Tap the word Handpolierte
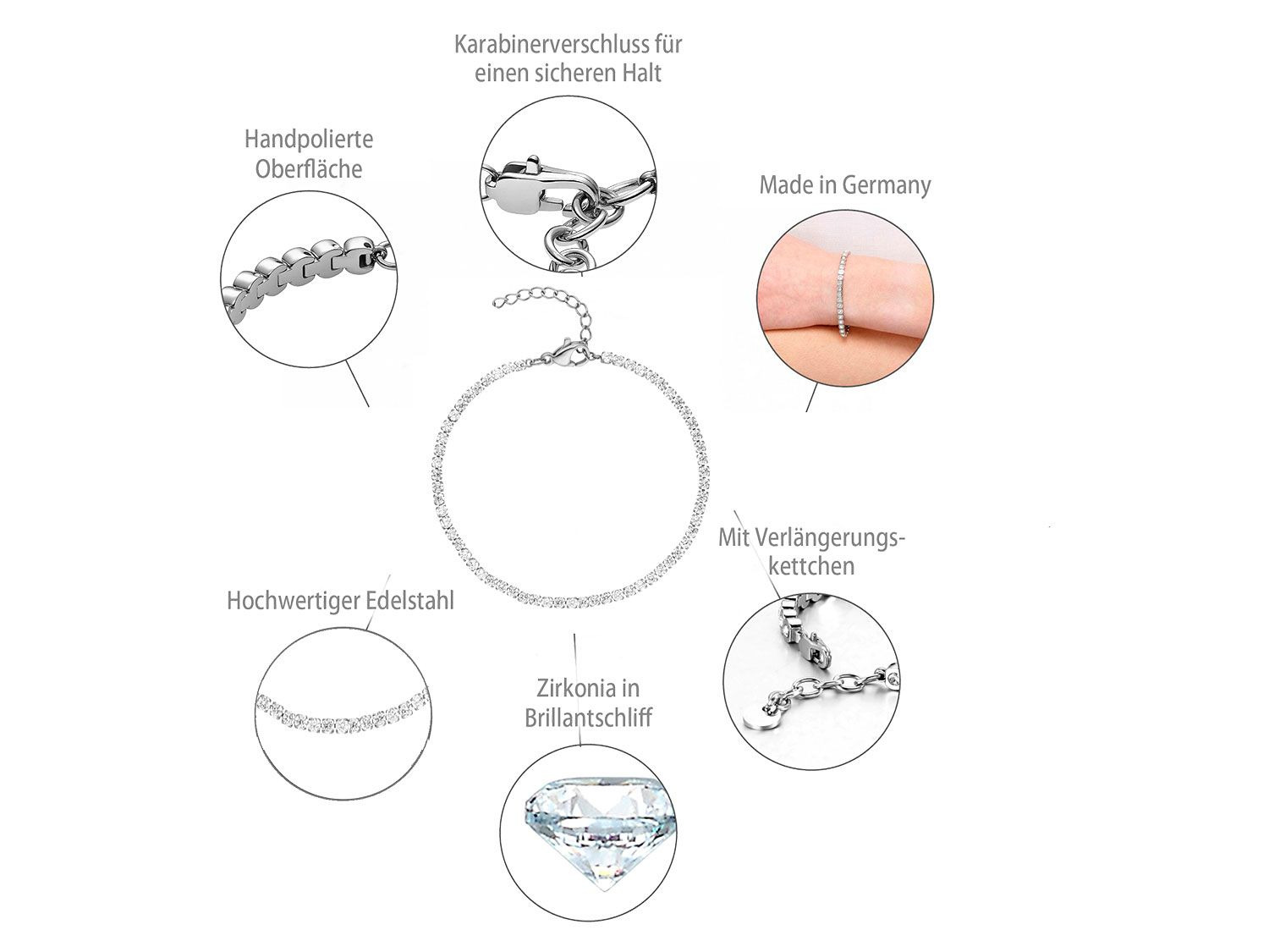click(309, 140)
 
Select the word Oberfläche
click(309, 168)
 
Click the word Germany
click(887, 186)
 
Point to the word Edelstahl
click(407, 601)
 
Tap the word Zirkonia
click(571, 689)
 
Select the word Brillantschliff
click(588, 718)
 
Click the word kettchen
click(811, 566)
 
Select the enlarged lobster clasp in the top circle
click(532, 188)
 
